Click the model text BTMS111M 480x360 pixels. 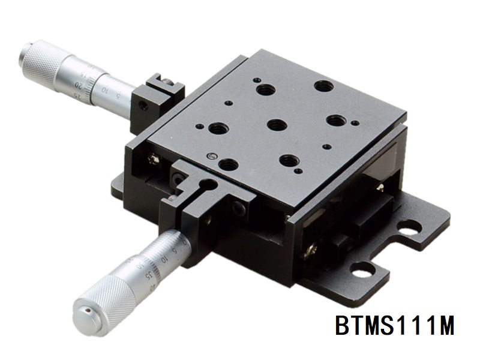tap(394, 327)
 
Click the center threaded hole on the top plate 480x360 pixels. tap(276, 125)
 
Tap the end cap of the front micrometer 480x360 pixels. tap(84, 313)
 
